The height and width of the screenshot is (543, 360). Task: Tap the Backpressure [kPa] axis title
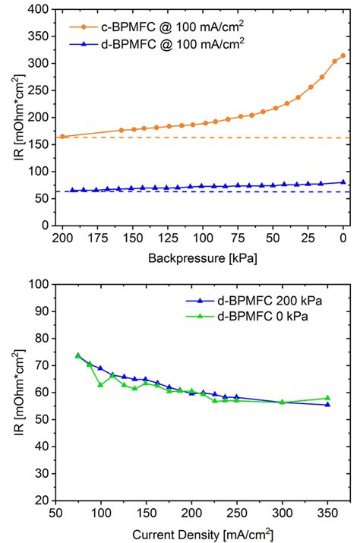[x=202, y=258]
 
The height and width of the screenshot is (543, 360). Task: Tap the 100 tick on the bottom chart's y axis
[x=39, y=284]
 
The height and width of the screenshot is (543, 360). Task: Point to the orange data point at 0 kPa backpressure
[x=343, y=55]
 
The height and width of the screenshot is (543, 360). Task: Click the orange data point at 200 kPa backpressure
[x=63, y=137]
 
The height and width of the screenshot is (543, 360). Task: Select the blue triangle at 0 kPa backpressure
[x=343, y=182]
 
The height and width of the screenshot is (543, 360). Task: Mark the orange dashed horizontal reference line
[x=228, y=137]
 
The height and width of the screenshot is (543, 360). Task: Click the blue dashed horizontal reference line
[x=228, y=191]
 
